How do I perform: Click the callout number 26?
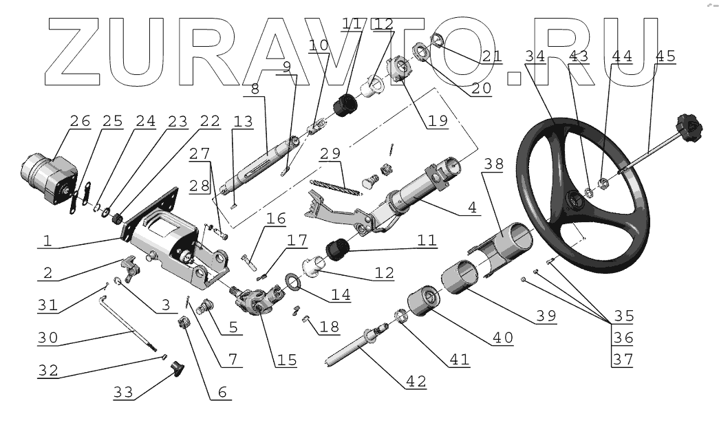click(80, 121)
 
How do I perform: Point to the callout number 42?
click(416, 380)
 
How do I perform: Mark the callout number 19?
click(437, 120)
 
